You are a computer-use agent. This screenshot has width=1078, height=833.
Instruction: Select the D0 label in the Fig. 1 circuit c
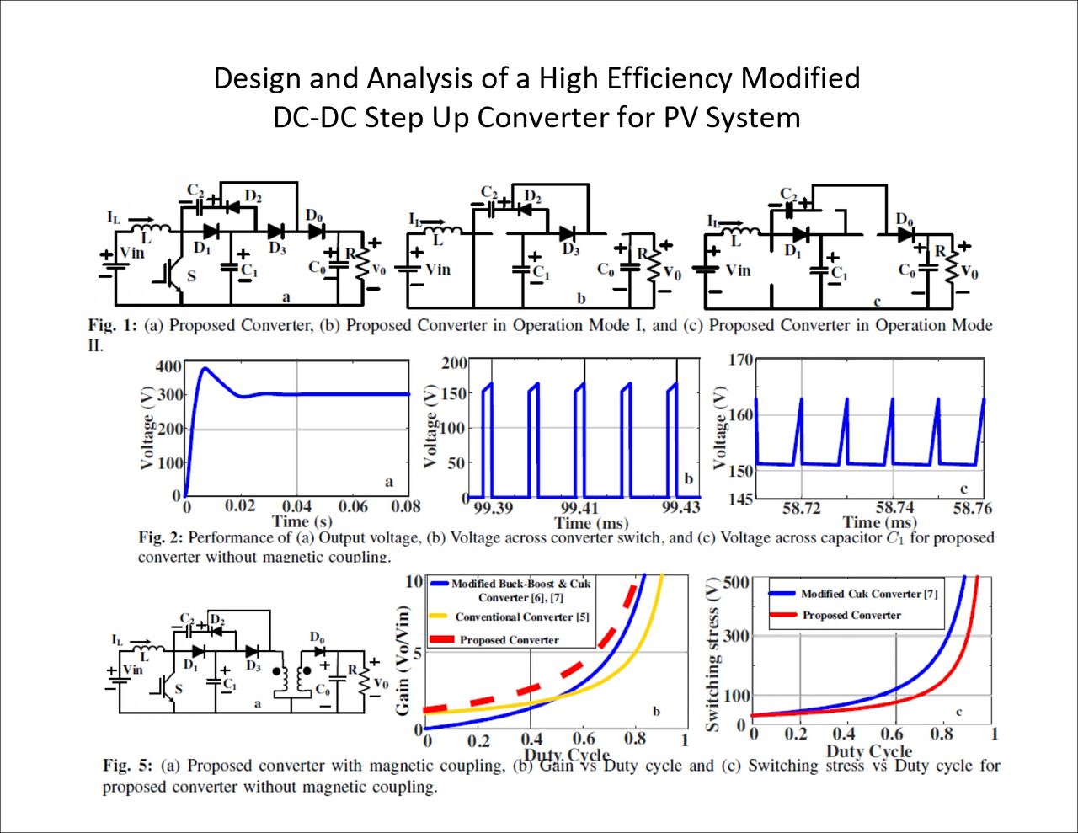(905, 219)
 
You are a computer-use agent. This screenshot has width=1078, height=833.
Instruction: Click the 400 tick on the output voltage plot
(168, 366)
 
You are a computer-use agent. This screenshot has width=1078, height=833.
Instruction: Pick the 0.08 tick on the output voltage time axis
(405, 506)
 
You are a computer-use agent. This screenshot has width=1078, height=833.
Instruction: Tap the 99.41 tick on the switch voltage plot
(579, 508)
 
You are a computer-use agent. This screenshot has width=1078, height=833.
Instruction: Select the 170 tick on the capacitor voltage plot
(740, 360)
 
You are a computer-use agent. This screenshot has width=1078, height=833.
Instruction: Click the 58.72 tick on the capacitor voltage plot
(801, 508)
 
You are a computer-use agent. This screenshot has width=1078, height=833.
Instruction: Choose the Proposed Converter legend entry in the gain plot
(509, 640)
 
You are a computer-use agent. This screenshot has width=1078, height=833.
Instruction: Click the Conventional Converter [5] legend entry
(522, 617)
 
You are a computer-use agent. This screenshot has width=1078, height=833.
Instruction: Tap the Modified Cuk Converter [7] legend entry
(868, 594)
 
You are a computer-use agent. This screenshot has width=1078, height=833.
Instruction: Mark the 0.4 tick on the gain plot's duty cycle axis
(531, 740)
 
